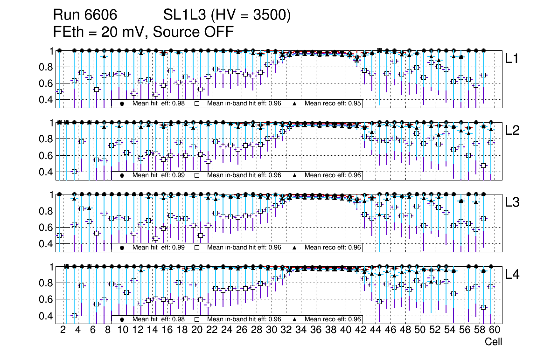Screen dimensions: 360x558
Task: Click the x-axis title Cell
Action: click(493, 342)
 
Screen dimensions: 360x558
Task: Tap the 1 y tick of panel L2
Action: click(52, 123)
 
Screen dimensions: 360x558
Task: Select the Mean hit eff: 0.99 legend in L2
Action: click(158, 175)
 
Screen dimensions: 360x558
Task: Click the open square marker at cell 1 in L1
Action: click(59, 91)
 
